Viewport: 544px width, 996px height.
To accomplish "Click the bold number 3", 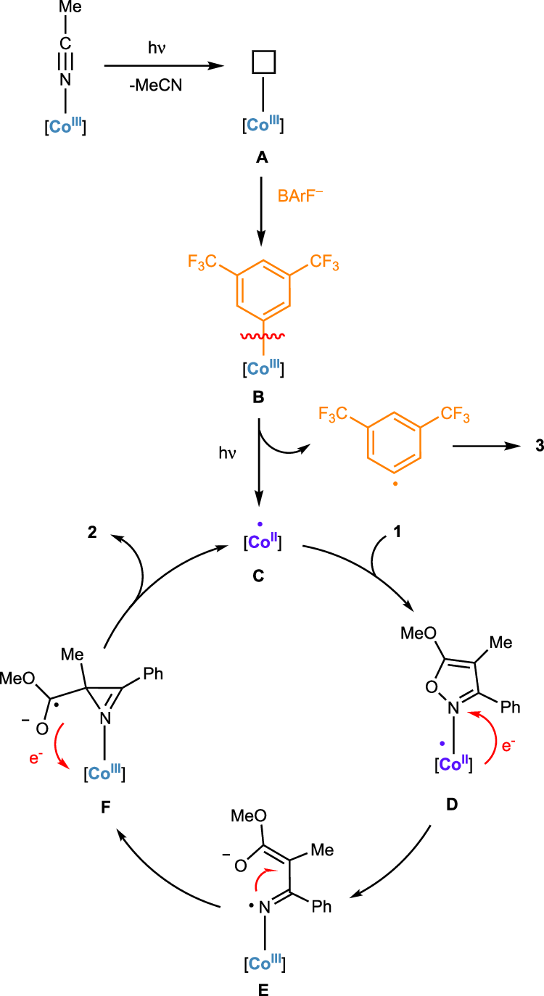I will coord(519,468).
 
